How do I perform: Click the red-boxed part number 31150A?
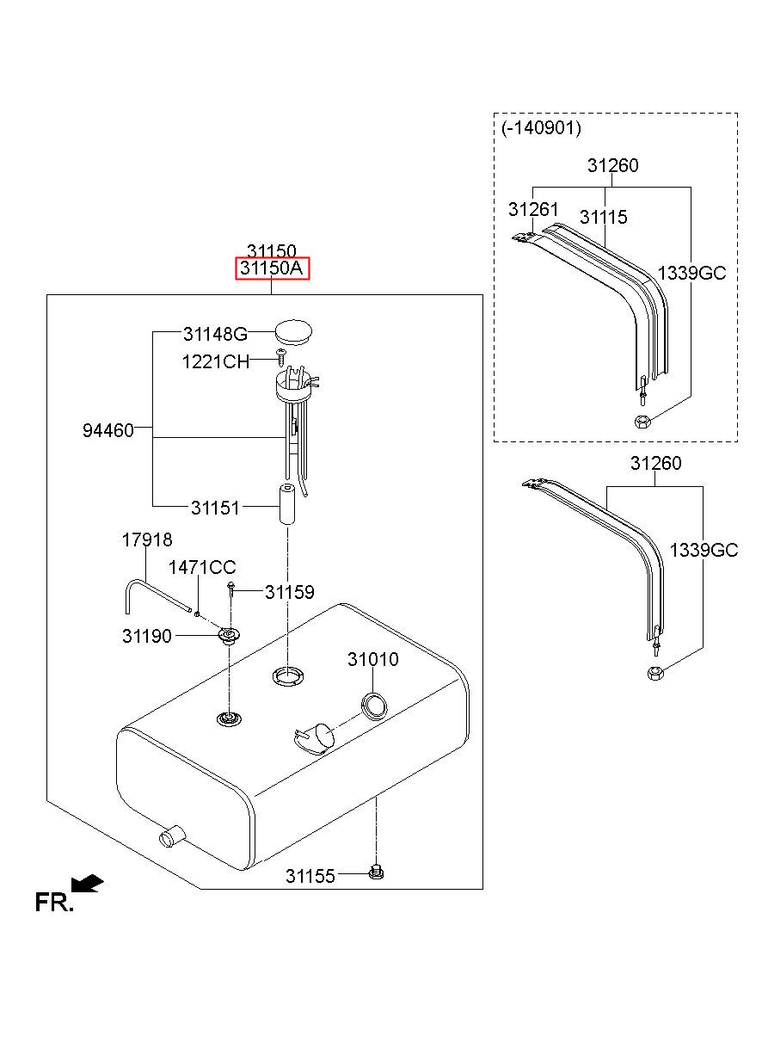tap(272, 268)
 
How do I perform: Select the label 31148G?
tap(215, 334)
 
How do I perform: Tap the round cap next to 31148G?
tap(293, 332)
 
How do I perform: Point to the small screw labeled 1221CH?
tap(281, 358)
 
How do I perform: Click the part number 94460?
tap(108, 430)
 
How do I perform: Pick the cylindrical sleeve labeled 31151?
tap(287, 504)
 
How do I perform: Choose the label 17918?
tap(147, 539)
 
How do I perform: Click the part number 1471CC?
tap(202, 567)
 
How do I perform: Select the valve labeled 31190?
tap(230, 635)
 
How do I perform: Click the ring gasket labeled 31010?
tap(374, 706)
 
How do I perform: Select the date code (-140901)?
tap(541, 127)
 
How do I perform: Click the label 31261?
tap(533, 209)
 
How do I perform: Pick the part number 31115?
tap(604, 217)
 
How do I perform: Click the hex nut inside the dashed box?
tap(642, 422)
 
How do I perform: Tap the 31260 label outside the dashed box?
tap(655, 463)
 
